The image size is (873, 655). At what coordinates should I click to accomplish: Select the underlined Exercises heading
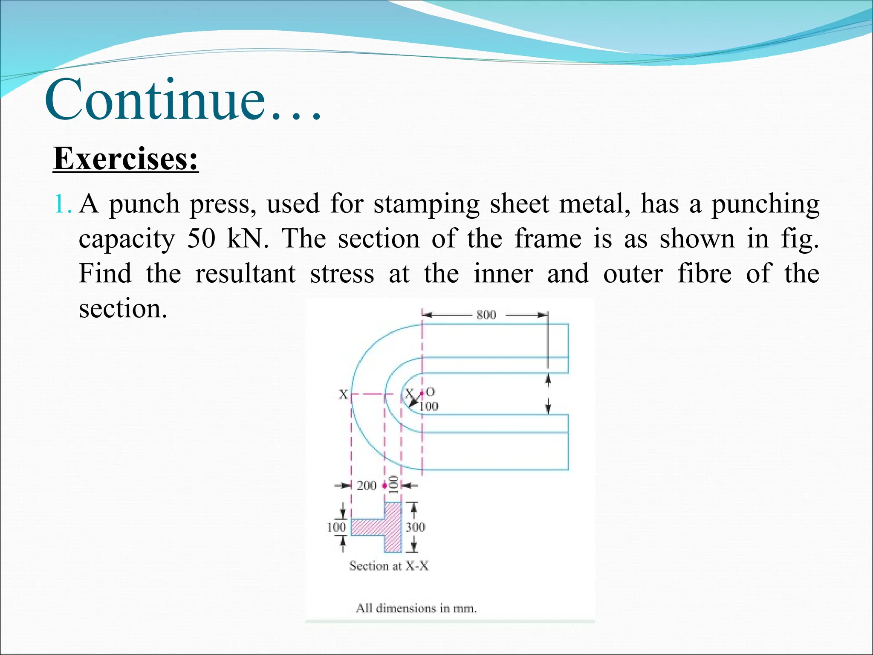coord(126,159)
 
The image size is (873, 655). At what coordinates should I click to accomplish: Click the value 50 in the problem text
coord(201,238)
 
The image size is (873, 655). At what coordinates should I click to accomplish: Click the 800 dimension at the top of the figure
coord(486,315)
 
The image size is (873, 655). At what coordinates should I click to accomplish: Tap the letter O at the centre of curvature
coord(431,391)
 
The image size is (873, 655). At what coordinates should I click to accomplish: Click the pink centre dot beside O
coord(422,392)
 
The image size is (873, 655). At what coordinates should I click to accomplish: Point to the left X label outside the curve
coord(343,394)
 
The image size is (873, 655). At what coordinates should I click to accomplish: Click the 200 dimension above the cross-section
coord(366,486)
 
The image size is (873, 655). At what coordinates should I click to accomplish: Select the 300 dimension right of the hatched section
coord(415,527)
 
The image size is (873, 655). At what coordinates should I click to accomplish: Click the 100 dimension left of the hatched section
coord(336,527)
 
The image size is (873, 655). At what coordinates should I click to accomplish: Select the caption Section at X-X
coord(389,566)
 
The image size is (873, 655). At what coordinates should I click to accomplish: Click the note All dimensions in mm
coord(416,608)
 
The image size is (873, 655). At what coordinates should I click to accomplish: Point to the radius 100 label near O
coord(429,406)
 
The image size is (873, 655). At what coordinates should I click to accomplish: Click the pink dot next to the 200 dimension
coord(384,486)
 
